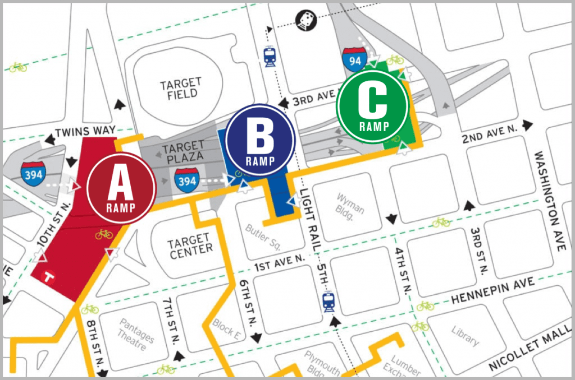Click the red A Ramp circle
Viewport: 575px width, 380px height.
click(x=121, y=187)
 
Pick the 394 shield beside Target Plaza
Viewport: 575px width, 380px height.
click(x=185, y=180)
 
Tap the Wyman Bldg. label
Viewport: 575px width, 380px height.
click(x=350, y=203)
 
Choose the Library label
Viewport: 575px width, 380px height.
click(x=465, y=334)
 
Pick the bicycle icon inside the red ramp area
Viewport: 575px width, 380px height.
click(x=104, y=234)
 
